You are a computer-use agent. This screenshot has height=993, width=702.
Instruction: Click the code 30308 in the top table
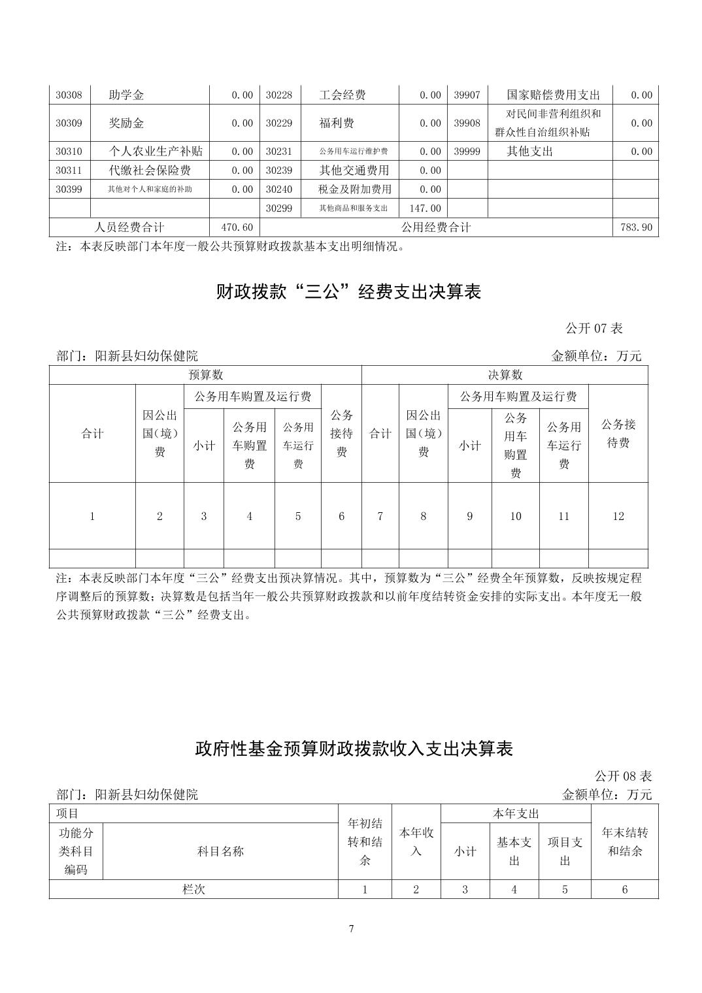pyautogui.click(x=69, y=95)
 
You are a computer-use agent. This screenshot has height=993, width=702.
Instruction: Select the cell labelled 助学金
pyautogui.click(x=126, y=95)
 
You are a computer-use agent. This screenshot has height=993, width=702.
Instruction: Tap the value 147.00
pyautogui.click(x=426, y=208)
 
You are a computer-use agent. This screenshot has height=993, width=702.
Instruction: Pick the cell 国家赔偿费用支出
pyautogui.click(x=553, y=95)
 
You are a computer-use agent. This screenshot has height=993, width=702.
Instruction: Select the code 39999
pyautogui.click(x=467, y=152)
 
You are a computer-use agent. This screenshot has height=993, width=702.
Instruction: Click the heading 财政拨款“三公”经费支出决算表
pyautogui.click(x=348, y=291)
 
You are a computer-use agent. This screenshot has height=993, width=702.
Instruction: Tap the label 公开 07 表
pyautogui.click(x=593, y=328)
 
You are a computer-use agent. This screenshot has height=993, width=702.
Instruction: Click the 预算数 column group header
pyautogui.click(x=205, y=375)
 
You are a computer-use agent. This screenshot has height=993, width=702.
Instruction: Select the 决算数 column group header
pyautogui.click(x=505, y=375)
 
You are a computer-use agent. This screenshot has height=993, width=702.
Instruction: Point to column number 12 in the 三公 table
pyautogui.click(x=618, y=516)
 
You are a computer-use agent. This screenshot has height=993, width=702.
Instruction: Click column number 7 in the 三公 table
pyautogui.click(x=380, y=516)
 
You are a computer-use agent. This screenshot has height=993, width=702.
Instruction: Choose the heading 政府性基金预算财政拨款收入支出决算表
pyautogui.click(x=354, y=749)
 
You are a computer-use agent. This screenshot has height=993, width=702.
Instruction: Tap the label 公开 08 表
pyautogui.click(x=623, y=776)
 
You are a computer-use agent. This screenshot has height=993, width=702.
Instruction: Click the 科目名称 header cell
pyautogui.click(x=220, y=851)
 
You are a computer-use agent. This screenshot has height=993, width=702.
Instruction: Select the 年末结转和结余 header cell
pyautogui.click(x=624, y=842)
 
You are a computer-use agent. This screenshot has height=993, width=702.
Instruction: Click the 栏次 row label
pyautogui.click(x=193, y=889)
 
